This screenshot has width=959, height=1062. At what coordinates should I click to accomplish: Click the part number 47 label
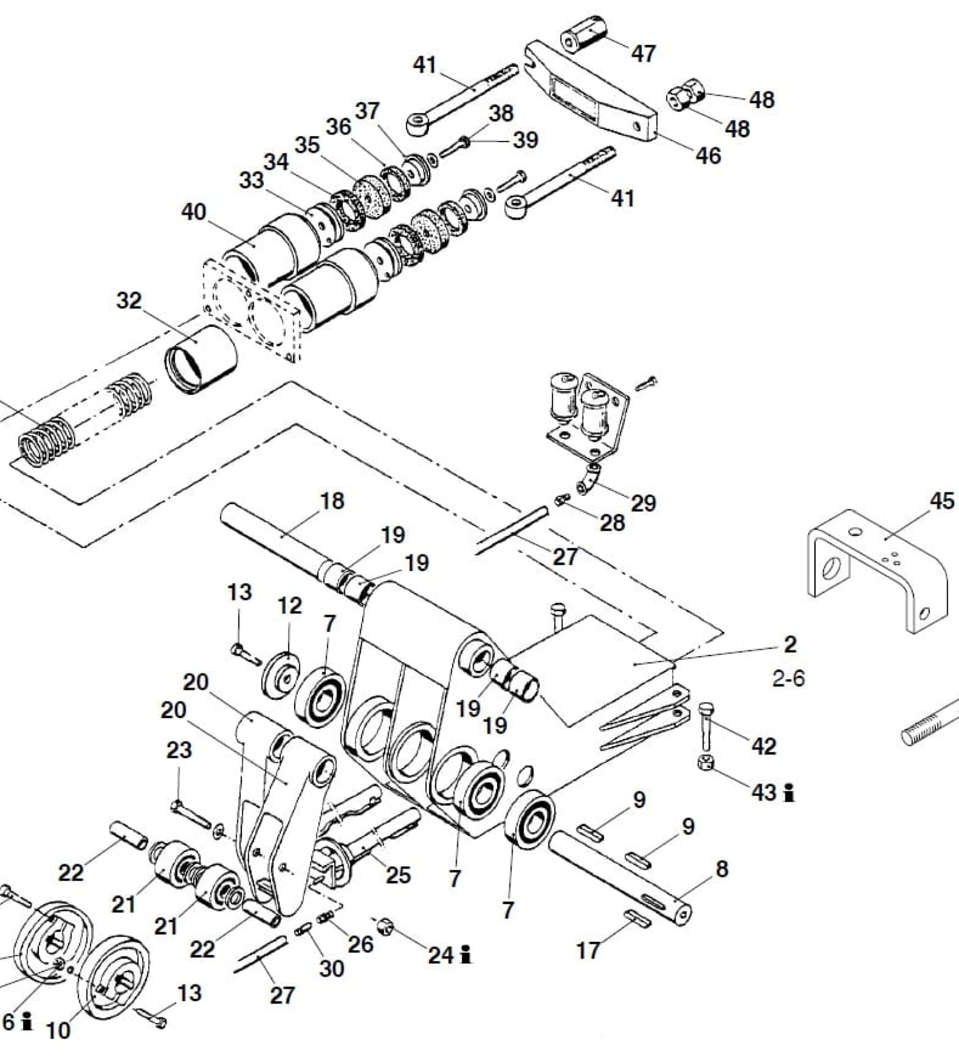[643, 53]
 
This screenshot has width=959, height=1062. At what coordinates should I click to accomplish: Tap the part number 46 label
[708, 155]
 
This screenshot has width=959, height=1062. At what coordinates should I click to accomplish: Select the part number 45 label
[942, 501]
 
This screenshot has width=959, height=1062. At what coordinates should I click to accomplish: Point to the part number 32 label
[129, 301]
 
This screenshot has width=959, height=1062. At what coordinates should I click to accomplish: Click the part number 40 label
[193, 213]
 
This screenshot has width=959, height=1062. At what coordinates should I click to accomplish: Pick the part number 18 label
[332, 501]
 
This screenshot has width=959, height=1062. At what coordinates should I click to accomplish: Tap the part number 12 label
[290, 605]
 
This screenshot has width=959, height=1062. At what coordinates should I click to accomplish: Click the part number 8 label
[722, 869]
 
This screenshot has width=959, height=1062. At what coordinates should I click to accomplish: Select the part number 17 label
[588, 950]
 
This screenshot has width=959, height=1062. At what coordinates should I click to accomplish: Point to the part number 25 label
[398, 874]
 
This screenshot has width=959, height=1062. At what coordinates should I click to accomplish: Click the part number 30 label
[332, 968]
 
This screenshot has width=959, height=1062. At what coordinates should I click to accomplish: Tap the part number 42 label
[764, 746]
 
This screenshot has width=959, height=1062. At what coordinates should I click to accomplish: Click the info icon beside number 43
[790, 793]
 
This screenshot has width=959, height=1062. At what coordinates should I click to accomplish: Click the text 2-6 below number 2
[789, 679]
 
